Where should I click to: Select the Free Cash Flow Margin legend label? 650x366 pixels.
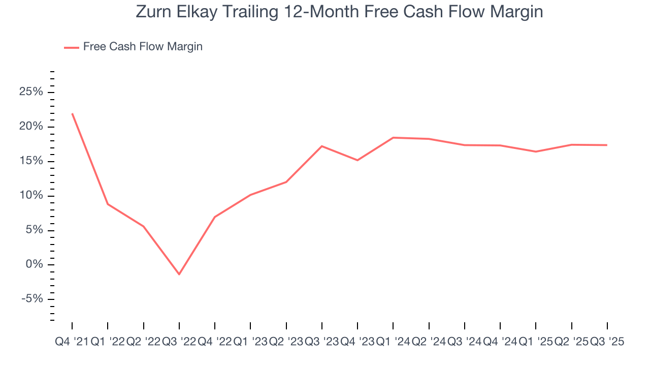[x=143, y=47]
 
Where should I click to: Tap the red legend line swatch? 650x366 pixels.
[x=71, y=47]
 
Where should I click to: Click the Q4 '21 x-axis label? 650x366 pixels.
[x=72, y=342]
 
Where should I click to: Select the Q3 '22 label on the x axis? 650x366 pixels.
[x=179, y=342]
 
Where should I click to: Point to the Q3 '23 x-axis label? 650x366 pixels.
[x=322, y=342]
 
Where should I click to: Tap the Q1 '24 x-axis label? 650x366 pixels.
[x=394, y=342]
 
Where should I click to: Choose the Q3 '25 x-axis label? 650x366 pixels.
[x=607, y=342]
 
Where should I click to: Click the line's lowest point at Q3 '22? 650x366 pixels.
[x=179, y=274]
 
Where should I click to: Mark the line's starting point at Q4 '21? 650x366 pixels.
[x=72, y=113]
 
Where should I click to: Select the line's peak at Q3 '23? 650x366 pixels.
[x=322, y=146]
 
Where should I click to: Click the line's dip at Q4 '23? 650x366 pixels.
[x=357, y=160]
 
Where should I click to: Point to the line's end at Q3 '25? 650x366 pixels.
[x=607, y=145]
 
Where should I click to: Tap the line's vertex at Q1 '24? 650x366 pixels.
[x=394, y=138]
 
